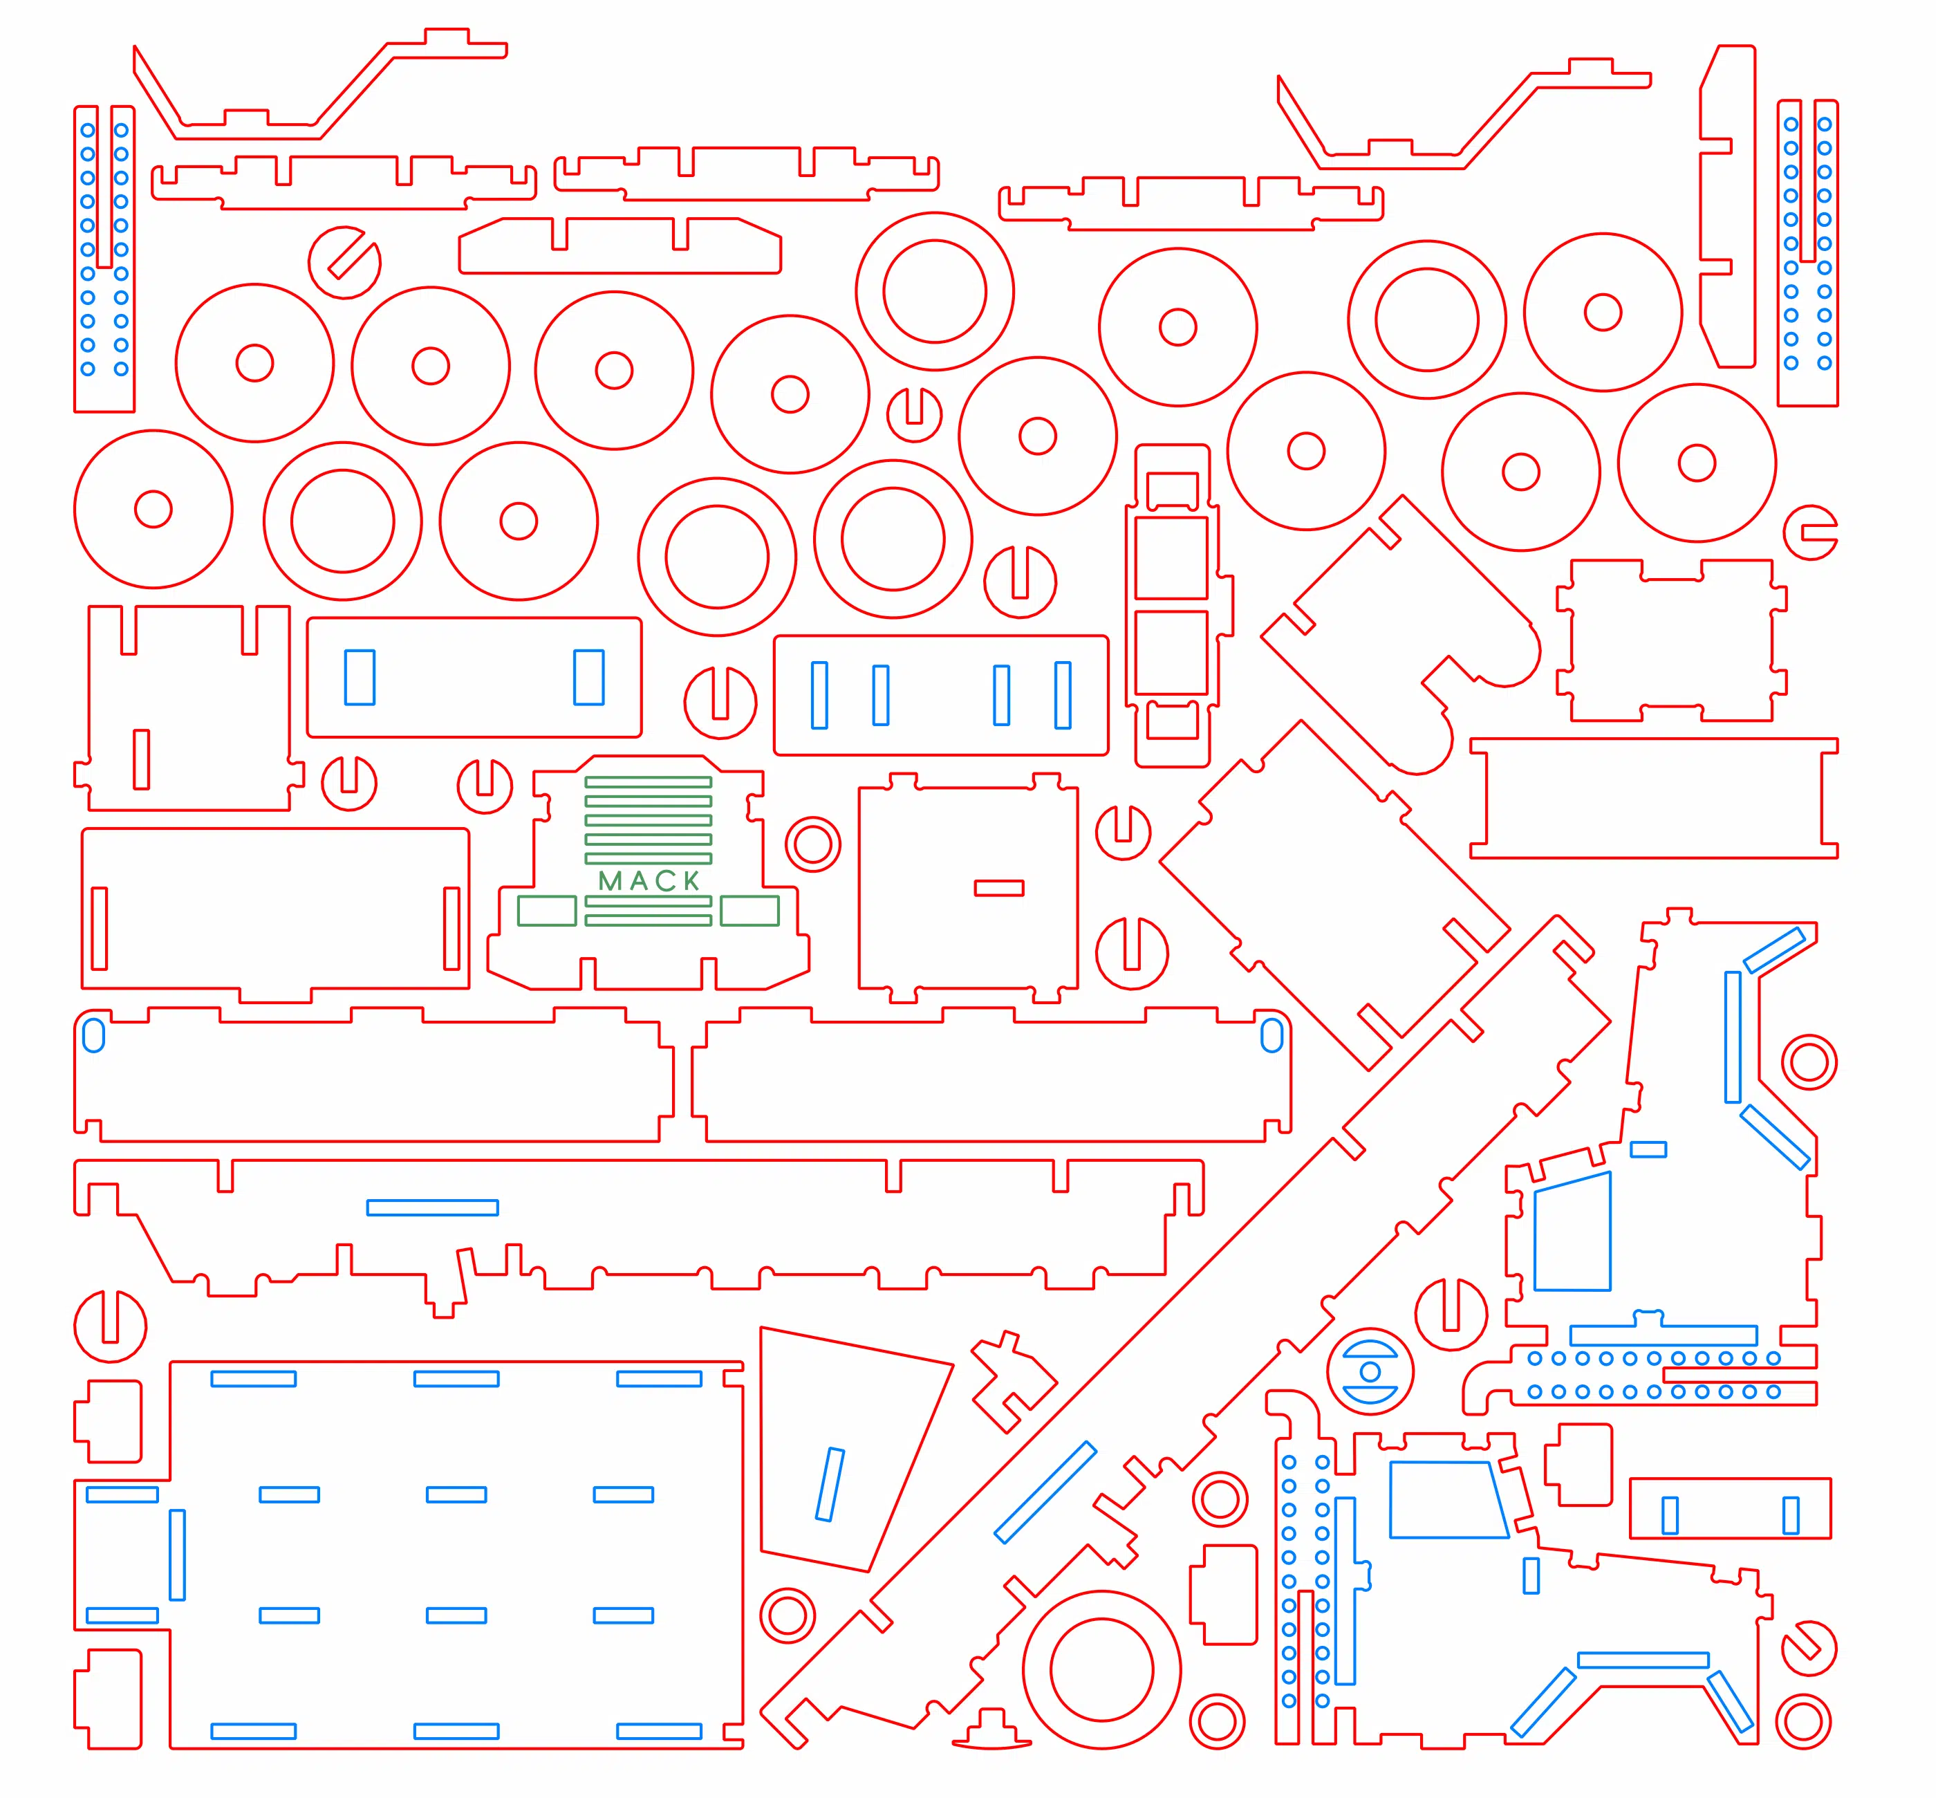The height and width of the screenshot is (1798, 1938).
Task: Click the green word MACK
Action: coord(649,880)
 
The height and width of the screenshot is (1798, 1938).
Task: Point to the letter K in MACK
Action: coord(691,880)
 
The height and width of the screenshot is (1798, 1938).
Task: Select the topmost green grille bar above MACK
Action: coord(648,781)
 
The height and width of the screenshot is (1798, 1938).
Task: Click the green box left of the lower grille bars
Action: coord(547,911)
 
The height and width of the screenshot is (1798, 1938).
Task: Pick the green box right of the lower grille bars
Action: coord(749,911)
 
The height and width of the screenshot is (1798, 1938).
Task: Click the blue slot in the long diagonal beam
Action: coord(1045,1492)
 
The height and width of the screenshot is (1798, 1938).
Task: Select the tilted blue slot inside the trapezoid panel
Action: coord(830,1485)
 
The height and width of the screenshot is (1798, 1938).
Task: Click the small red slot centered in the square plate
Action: coord(999,887)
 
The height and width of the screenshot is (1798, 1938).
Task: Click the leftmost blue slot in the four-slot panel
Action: coord(819,695)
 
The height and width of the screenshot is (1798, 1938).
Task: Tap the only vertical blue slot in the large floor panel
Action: coord(177,1555)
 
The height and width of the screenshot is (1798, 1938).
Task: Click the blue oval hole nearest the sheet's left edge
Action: coord(93,1035)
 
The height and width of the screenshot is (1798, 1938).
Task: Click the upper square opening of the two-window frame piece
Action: coord(1171,557)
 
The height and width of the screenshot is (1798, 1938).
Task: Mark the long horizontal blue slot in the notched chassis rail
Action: coord(432,1207)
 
